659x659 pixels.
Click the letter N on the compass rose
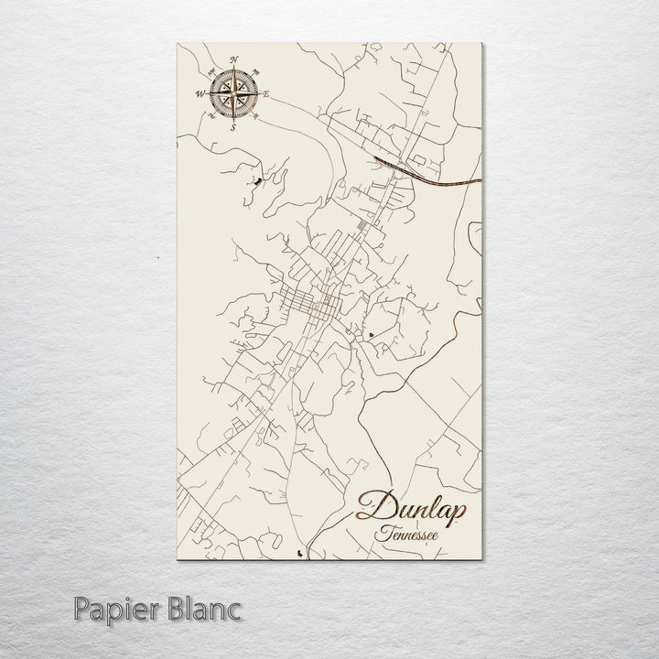233,60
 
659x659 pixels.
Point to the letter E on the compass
265,93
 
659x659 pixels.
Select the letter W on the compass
200,92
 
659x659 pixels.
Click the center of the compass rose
233,92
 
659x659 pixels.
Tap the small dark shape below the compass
255,182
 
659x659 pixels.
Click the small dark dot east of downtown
370,336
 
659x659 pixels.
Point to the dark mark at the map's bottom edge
305,552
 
